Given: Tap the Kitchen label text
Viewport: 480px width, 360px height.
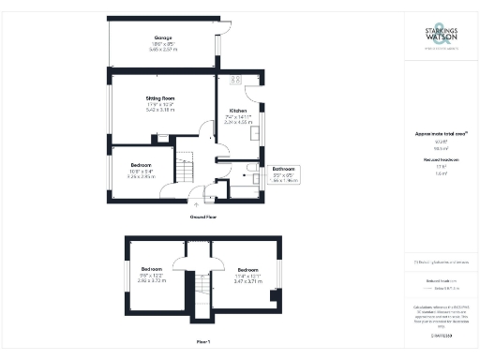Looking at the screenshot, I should [239, 111].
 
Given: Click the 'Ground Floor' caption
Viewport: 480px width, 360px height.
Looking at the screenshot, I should [203, 216].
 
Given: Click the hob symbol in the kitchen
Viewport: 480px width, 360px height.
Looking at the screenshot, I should [235, 79].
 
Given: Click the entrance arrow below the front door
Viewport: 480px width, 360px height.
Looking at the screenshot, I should [196, 202].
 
